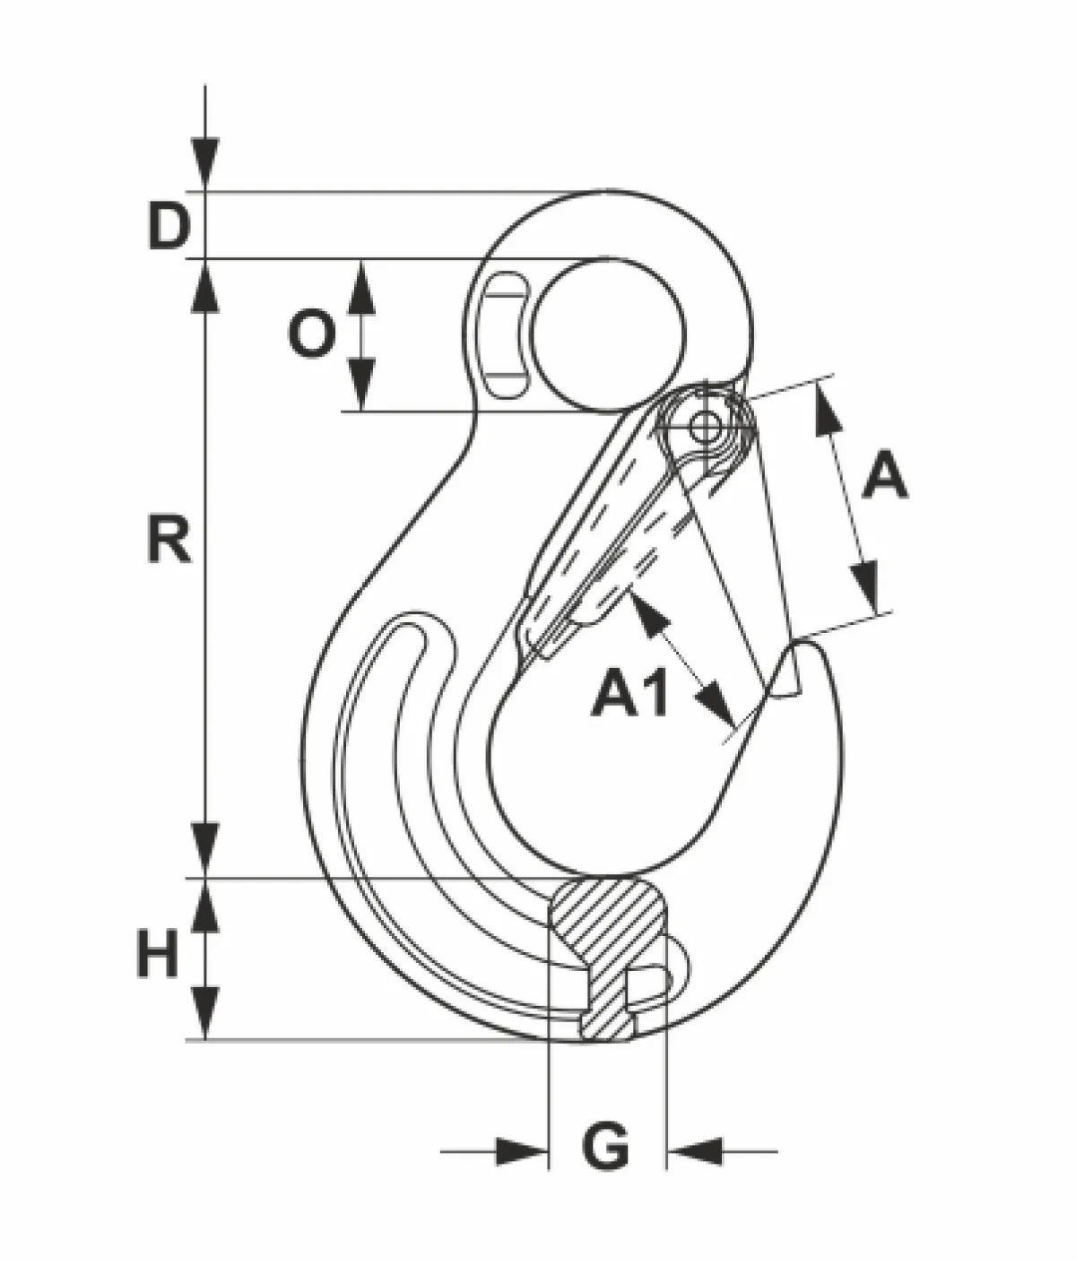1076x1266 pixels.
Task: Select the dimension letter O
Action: pos(312,334)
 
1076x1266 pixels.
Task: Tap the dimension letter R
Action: pos(169,539)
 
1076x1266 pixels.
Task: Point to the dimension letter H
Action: pos(158,954)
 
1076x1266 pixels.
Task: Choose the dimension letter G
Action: pos(605,1145)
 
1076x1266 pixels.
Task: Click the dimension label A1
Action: pos(630,692)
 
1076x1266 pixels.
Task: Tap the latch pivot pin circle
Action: pos(704,427)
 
